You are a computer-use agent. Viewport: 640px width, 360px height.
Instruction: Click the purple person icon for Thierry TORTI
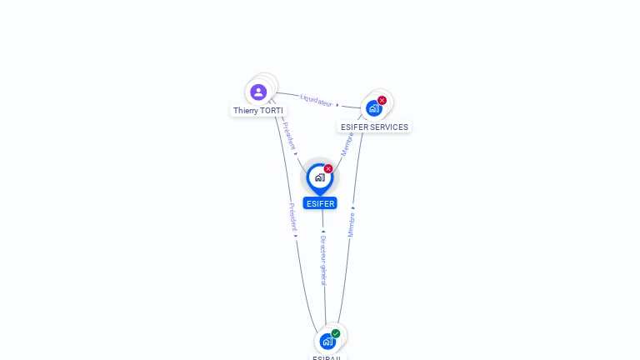[x=258, y=92]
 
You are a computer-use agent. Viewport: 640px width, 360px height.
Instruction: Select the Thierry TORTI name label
[x=258, y=110]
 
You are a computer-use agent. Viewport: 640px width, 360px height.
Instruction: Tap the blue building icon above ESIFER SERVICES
[x=374, y=108]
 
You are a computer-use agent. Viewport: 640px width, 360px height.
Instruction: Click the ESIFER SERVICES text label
[x=374, y=127]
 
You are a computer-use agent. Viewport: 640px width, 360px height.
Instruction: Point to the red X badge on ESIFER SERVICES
[x=382, y=100]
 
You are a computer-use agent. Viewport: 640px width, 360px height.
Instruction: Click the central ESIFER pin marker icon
[x=319, y=177]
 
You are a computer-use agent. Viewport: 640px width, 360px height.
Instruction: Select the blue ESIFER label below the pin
[x=320, y=203]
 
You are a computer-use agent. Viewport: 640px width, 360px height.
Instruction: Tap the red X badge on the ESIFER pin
[x=328, y=168]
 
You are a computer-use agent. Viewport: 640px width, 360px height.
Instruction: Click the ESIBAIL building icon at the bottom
[x=327, y=342]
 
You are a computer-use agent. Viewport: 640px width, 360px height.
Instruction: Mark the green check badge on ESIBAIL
[x=336, y=333]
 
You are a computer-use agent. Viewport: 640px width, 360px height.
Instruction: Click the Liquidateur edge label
[x=316, y=100]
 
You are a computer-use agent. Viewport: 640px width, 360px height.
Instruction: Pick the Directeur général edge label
[x=323, y=260]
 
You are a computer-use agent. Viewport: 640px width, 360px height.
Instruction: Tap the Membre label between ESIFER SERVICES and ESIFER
[x=347, y=142]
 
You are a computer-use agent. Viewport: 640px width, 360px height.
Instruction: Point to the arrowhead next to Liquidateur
[x=337, y=105]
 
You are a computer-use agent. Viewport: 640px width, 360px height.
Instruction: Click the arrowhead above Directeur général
[x=323, y=232]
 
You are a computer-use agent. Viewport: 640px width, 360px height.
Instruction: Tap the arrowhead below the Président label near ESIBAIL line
[x=295, y=236]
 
